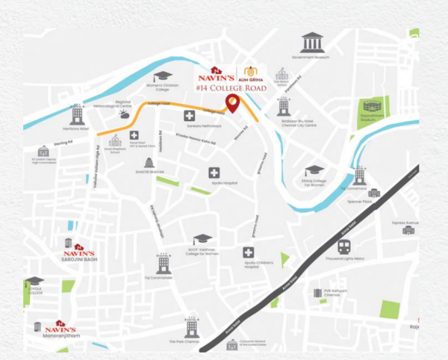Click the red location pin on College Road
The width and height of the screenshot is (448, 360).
click(x=232, y=104)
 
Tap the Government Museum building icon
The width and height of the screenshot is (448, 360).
click(x=311, y=43)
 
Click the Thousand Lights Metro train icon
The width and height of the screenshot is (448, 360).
click(x=344, y=246)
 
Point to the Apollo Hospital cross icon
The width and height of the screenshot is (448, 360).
click(x=214, y=173)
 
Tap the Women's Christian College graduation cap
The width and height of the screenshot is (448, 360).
click(x=163, y=76)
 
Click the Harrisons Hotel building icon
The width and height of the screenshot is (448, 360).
click(x=77, y=115)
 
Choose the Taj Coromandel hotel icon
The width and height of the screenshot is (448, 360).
click(x=162, y=263)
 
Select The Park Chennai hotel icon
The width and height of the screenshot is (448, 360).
click(x=192, y=326)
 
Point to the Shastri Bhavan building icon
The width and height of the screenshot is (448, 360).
click(x=149, y=164)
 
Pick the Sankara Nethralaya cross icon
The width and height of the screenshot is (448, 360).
click(x=190, y=115)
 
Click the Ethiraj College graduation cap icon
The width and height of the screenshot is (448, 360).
click(x=314, y=170)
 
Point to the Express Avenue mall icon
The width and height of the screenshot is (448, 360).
click(x=408, y=230)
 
